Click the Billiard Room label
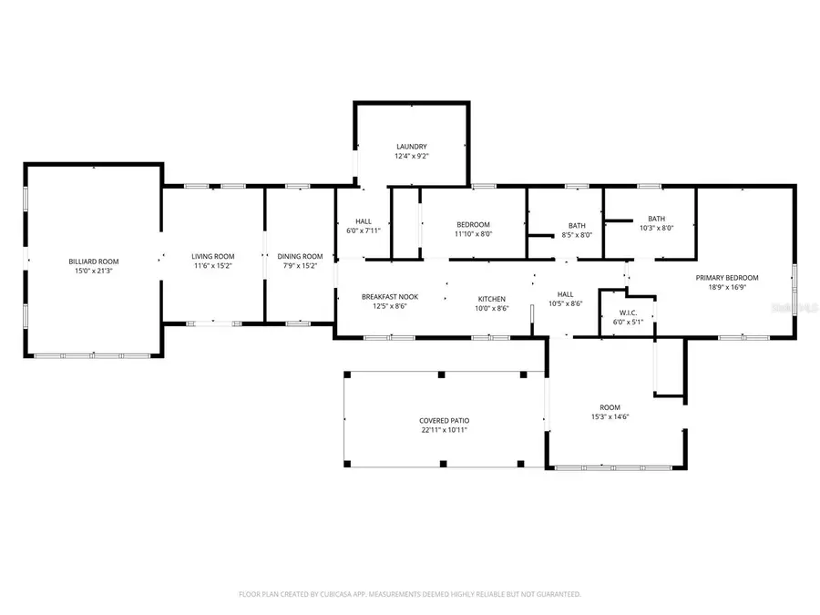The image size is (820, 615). (93, 261)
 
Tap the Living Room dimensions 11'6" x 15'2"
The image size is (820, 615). (212, 267)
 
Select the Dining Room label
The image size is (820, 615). (300, 256)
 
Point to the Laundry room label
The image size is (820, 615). (411, 147)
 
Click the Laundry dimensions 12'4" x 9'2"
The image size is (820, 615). (411, 157)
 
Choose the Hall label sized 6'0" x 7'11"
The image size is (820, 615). (363, 220)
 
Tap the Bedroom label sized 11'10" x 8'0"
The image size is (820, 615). (473, 224)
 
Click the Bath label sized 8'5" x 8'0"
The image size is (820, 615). (577, 225)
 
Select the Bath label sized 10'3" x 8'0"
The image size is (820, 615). (656, 218)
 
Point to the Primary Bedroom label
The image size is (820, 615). (726, 278)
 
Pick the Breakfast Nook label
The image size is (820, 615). (389, 297)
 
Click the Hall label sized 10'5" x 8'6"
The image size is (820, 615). (565, 294)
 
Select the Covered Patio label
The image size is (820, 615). (444, 420)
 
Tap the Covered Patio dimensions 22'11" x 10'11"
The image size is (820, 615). (444, 430)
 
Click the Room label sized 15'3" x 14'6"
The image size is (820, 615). (610, 406)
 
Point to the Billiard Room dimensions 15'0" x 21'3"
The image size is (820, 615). (93, 272)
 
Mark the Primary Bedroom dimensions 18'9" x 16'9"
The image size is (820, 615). (726, 288)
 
